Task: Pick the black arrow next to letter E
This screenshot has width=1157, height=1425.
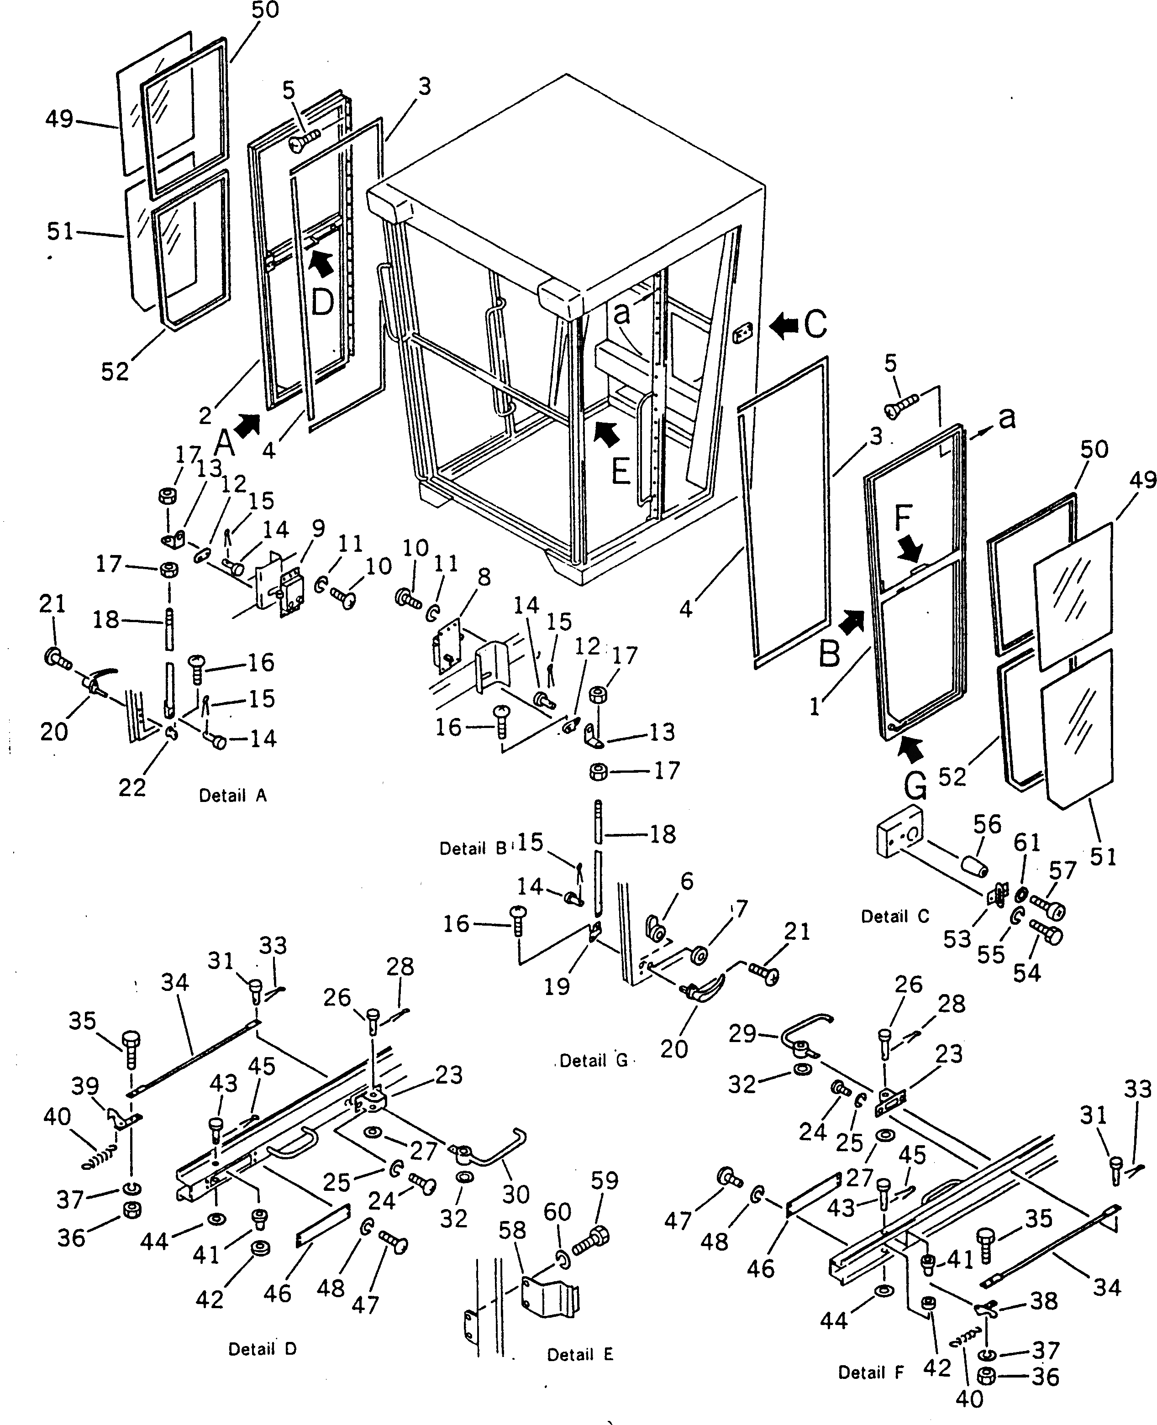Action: click(x=606, y=433)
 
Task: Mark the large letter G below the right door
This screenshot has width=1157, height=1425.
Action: click(x=916, y=787)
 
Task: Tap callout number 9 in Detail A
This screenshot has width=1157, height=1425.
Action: click(x=319, y=528)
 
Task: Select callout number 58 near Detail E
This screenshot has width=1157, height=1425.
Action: click(x=512, y=1230)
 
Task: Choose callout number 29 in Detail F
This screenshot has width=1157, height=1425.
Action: click(x=742, y=1033)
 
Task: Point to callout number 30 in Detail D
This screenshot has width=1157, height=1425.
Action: click(x=516, y=1194)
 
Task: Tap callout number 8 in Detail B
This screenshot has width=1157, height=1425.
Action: click(x=484, y=577)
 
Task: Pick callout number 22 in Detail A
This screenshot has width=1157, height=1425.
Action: click(x=131, y=787)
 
